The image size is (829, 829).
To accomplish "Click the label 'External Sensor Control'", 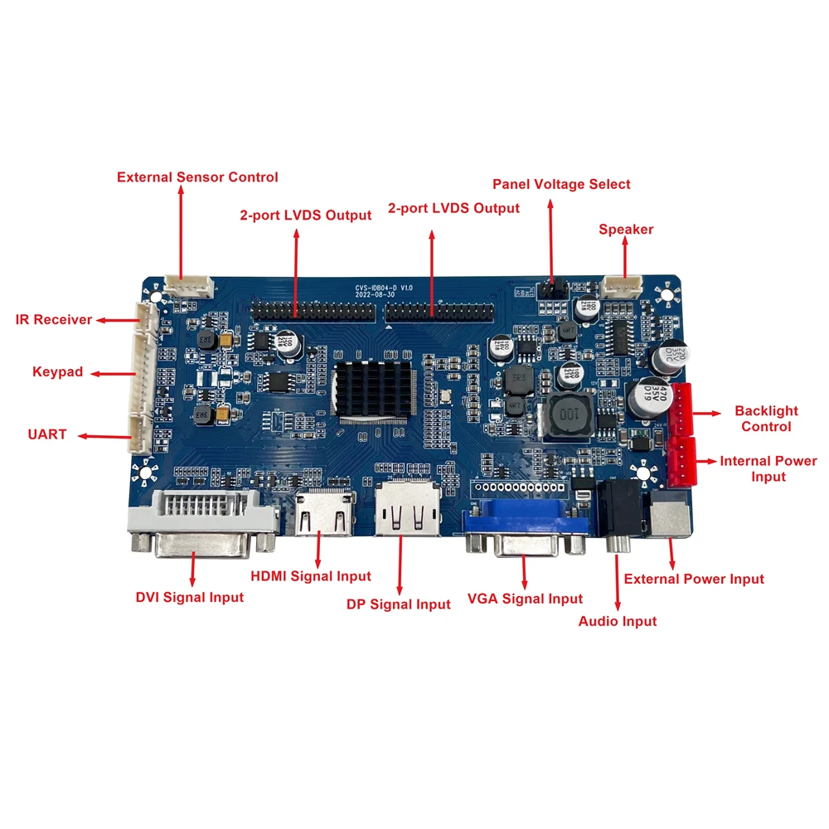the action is coord(197,177).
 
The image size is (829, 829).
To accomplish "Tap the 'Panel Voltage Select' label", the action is coord(561,184).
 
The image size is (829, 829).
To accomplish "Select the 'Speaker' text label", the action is coord(626,229).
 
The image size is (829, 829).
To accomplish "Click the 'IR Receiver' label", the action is coord(54,319).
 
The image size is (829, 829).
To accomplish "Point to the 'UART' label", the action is coord(47,434).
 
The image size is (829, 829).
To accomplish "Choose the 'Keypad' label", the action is coord(57,372).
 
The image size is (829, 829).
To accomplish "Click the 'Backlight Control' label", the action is coord(766,419).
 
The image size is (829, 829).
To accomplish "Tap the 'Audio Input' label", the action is coord(617,621).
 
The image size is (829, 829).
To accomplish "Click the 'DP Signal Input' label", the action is coord(398,604).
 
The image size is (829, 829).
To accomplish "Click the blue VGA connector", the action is coord(524,527).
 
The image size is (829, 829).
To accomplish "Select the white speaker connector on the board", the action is coord(622,287).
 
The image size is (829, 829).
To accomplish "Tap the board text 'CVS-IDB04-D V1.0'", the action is coord(384,288).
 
